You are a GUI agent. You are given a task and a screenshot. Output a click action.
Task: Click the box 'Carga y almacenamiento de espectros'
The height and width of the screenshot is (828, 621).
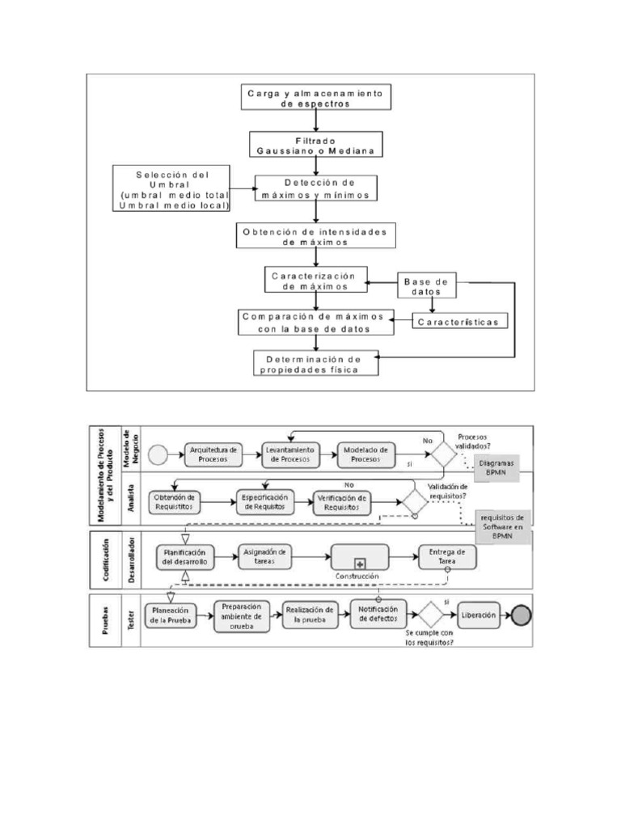point(317,98)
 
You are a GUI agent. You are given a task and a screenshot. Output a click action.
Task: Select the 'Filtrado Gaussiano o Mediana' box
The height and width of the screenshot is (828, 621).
point(316,145)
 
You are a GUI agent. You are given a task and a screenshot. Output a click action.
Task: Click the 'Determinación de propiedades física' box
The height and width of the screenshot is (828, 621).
point(318,363)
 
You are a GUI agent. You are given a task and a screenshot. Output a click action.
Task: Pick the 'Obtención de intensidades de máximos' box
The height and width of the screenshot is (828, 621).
point(315,236)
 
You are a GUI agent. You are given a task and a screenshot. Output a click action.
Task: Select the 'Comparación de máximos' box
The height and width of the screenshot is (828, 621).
point(315,321)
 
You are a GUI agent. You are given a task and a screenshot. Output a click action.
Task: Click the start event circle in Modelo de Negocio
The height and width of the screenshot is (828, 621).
point(158,454)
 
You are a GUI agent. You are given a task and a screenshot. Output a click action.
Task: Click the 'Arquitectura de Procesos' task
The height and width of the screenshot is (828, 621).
point(213,454)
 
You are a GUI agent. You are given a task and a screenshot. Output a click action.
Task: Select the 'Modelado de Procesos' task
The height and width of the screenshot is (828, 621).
point(366,454)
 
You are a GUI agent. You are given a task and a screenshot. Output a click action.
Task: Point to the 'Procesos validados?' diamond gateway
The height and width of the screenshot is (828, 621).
point(443,454)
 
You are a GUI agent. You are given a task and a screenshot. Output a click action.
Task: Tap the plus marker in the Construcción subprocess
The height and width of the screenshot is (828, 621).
point(360,562)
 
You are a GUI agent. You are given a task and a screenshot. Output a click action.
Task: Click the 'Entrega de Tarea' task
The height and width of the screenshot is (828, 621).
point(447,556)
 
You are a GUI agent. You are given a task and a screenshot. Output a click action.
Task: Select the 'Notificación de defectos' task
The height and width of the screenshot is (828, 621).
point(378,615)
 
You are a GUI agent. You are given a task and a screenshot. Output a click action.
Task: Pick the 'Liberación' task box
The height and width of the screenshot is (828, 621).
point(479,615)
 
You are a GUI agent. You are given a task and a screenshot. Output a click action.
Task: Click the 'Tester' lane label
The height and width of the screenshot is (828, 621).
point(129,620)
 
